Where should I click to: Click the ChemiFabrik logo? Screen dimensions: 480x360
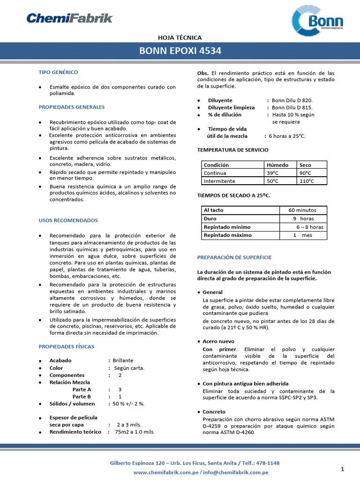coord(69,18)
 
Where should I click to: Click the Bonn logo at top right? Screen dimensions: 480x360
coord(317,21)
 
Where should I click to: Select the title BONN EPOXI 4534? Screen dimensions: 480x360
coord(180,51)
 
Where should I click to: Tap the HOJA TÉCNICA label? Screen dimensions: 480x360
coord(180,37)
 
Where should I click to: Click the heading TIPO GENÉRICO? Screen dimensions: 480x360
coord(58,72)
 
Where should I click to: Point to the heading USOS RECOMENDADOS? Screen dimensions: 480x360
coord(68,220)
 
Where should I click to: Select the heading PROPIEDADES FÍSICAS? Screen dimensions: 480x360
coord(66,346)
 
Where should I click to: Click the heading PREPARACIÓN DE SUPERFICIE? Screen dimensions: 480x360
coord(234,257)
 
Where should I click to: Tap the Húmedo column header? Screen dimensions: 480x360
coord(278,165)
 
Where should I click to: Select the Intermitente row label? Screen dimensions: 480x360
coord(219,181)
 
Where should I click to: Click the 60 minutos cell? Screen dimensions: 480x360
coord(302,210)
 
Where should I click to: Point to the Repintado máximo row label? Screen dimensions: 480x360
coord(227,235)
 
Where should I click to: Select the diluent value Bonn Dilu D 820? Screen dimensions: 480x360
coord(292,100)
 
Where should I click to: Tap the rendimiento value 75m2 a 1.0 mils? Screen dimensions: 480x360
coord(134,432)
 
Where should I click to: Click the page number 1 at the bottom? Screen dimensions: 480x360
coord(343,469)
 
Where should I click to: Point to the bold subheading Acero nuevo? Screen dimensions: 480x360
coord(218,341)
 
